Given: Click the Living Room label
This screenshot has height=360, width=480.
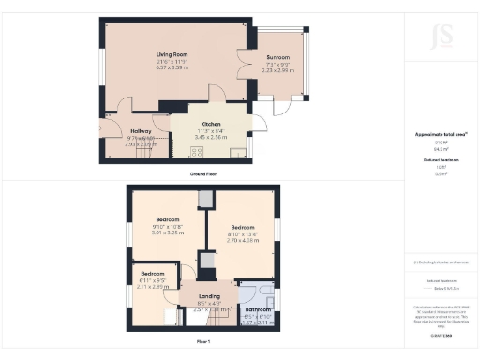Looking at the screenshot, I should (x=173, y=54).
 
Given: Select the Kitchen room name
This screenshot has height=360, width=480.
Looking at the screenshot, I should (x=210, y=124).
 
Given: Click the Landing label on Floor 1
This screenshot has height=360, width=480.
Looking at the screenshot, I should (x=209, y=295).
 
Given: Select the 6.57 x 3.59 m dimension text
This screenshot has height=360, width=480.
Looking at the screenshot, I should (x=173, y=68).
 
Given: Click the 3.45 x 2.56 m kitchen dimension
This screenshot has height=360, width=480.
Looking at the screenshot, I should (x=210, y=137).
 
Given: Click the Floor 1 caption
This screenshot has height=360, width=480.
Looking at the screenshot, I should (x=203, y=342).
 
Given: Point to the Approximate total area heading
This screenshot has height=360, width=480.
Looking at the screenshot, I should (x=434, y=134).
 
